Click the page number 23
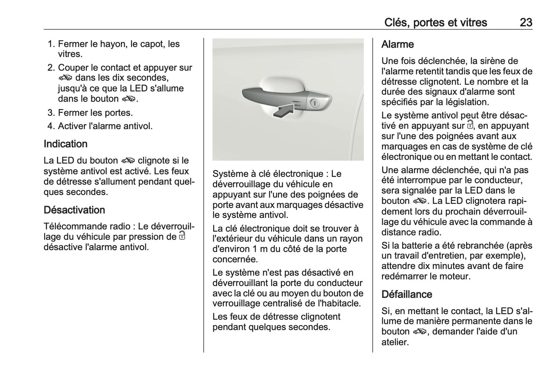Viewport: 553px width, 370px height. click(x=525, y=22)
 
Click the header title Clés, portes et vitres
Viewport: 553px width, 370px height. click(x=435, y=22)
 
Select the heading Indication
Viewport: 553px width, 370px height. click(x=65, y=144)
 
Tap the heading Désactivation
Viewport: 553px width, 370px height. click(x=74, y=210)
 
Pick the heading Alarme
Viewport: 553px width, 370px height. click(x=397, y=44)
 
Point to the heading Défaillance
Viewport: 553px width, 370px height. click(x=406, y=294)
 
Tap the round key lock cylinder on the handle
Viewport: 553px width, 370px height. click(x=314, y=103)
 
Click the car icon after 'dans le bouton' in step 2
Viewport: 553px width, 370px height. click(x=129, y=99)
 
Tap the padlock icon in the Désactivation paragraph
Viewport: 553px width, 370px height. click(x=182, y=236)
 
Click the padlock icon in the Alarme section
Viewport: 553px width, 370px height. click(x=470, y=125)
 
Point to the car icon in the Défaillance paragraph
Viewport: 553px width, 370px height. click(x=419, y=332)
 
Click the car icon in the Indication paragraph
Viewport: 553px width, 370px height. click(x=128, y=160)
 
